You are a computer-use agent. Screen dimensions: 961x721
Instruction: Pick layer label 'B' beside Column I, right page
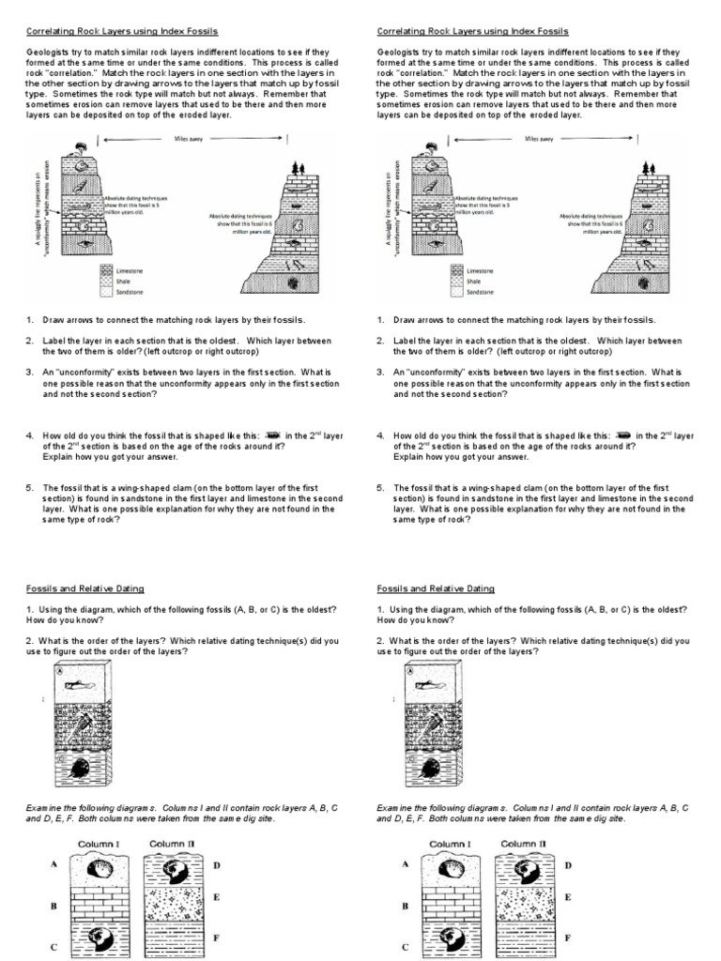[x=405, y=907]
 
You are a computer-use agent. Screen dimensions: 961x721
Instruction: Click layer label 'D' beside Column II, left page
[x=215, y=864]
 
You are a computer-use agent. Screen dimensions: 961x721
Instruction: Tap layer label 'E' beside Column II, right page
[x=567, y=897]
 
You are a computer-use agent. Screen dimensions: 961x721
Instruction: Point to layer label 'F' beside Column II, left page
[x=215, y=937]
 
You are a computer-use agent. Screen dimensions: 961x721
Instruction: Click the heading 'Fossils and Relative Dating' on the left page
[x=85, y=588]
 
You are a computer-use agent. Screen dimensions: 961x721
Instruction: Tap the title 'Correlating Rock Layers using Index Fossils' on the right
[x=472, y=31]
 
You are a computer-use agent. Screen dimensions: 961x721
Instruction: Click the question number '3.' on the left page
[x=30, y=372]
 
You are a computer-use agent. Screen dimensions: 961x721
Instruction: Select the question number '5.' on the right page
[x=381, y=488]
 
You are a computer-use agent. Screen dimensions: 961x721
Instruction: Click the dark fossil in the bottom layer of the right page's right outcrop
[x=643, y=281]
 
